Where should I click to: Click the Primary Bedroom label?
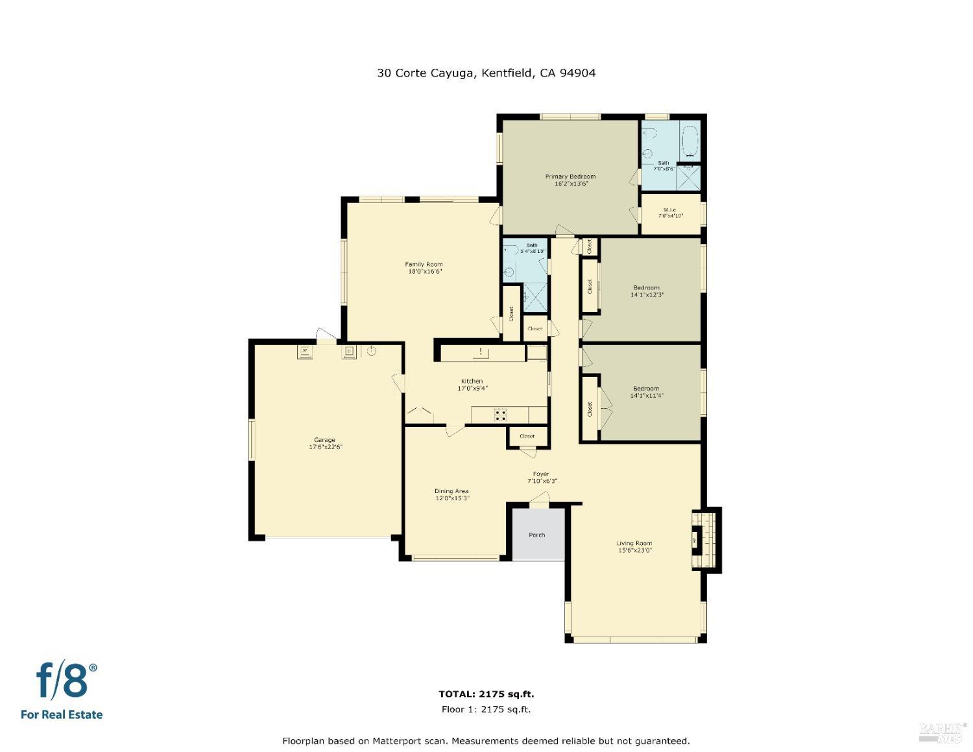(570, 176)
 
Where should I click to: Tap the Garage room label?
(325, 440)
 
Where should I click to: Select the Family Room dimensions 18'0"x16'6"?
(425, 272)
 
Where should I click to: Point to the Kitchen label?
(472, 381)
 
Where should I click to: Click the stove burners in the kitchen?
(500, 415)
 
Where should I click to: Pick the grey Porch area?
(538, 534)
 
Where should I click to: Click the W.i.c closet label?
(670, 210)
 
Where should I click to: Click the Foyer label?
(541, 474)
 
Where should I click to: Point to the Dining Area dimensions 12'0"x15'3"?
(451, 498)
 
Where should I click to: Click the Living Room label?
(634, 543)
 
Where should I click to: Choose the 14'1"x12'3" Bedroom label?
(646, 287)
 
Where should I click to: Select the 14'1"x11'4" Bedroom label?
(646, 389)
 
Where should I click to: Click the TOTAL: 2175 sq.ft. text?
(486, 694)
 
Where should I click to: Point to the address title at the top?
(486, 73)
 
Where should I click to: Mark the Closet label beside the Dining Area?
(527, 436)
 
